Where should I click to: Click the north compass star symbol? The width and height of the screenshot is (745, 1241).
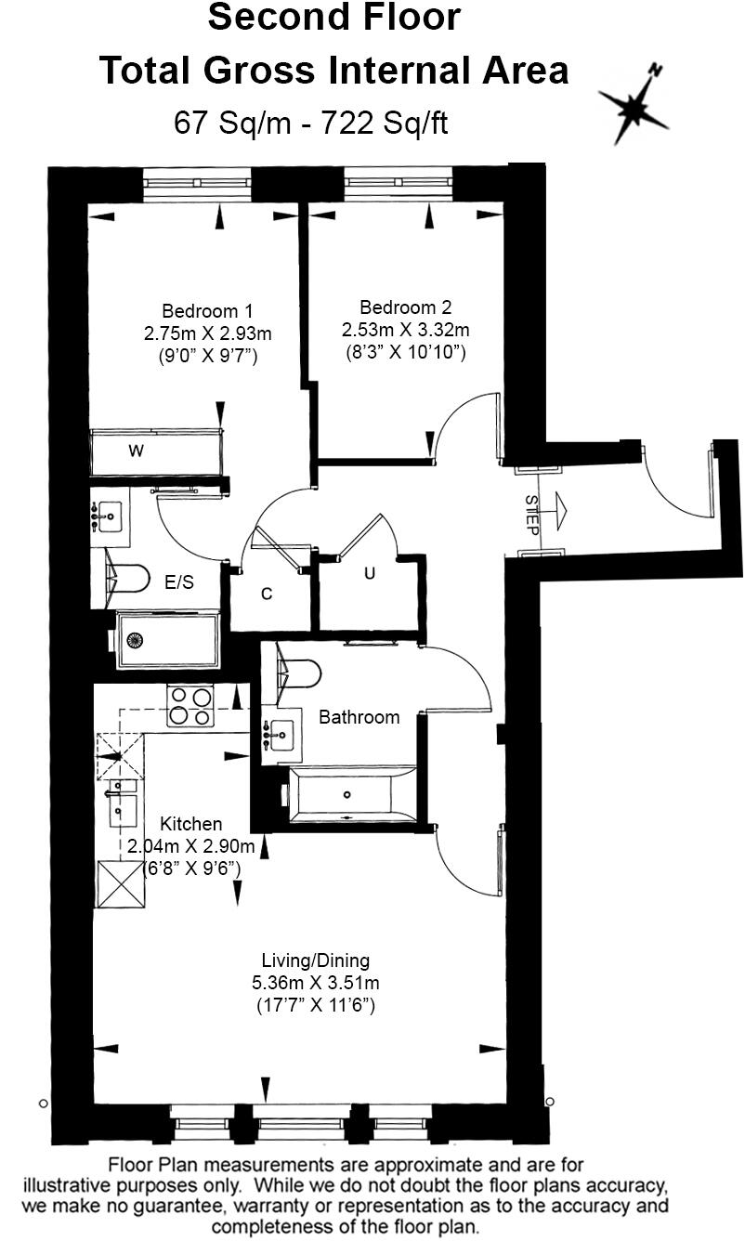click(634, 108)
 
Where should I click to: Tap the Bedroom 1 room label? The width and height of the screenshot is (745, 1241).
click(207, 311)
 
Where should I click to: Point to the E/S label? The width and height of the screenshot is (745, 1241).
click(179, 582)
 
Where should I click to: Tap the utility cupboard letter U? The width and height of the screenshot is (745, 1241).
click(369, 574)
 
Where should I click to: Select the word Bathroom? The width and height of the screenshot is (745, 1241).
click(359, 717)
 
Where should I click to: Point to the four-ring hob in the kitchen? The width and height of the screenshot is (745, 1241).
click(190, 706)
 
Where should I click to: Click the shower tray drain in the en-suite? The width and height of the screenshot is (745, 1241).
click(136, 639)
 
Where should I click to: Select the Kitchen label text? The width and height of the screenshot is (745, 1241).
click(191, 824)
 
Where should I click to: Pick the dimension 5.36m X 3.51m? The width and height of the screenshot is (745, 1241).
click(315, 983)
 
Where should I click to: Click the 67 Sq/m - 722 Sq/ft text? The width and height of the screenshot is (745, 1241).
click(311, 123)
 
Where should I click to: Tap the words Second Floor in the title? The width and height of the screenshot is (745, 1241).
click(333, 19)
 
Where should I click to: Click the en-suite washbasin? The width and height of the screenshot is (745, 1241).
click(109, 513)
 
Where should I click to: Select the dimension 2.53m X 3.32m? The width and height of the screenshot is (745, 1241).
click(405, 330)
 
